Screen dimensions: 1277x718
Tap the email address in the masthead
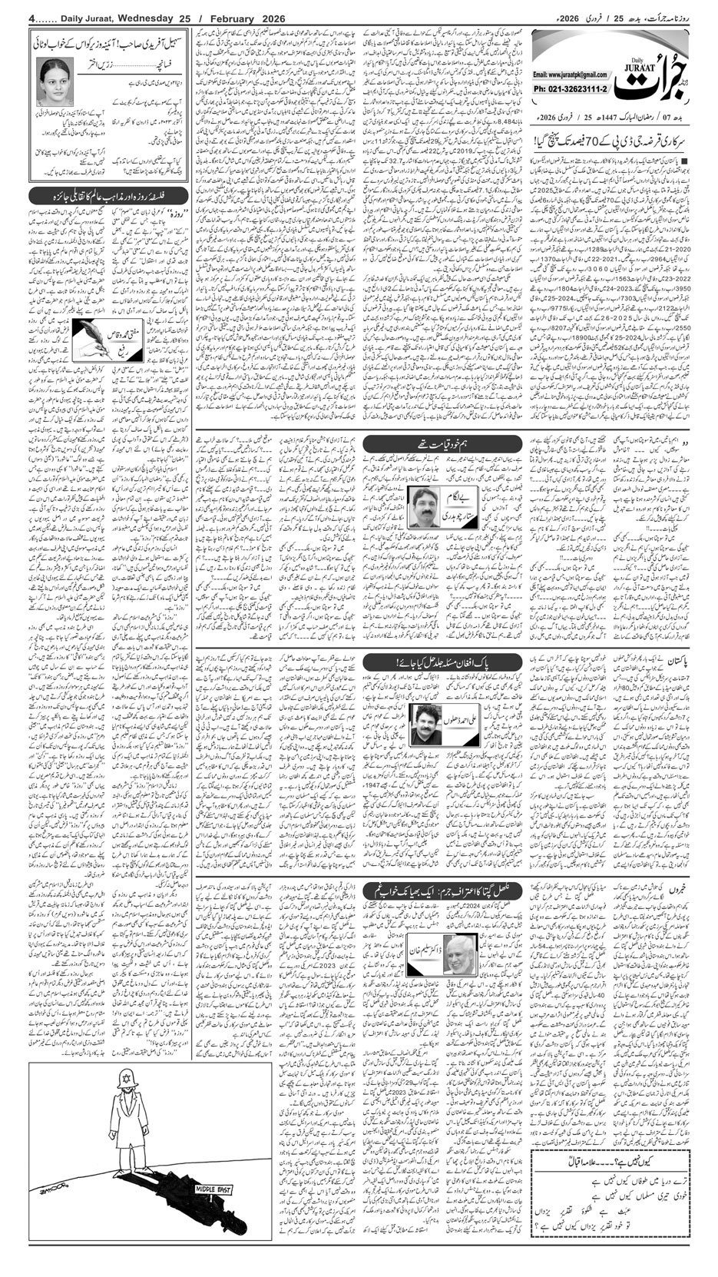(567, 75)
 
